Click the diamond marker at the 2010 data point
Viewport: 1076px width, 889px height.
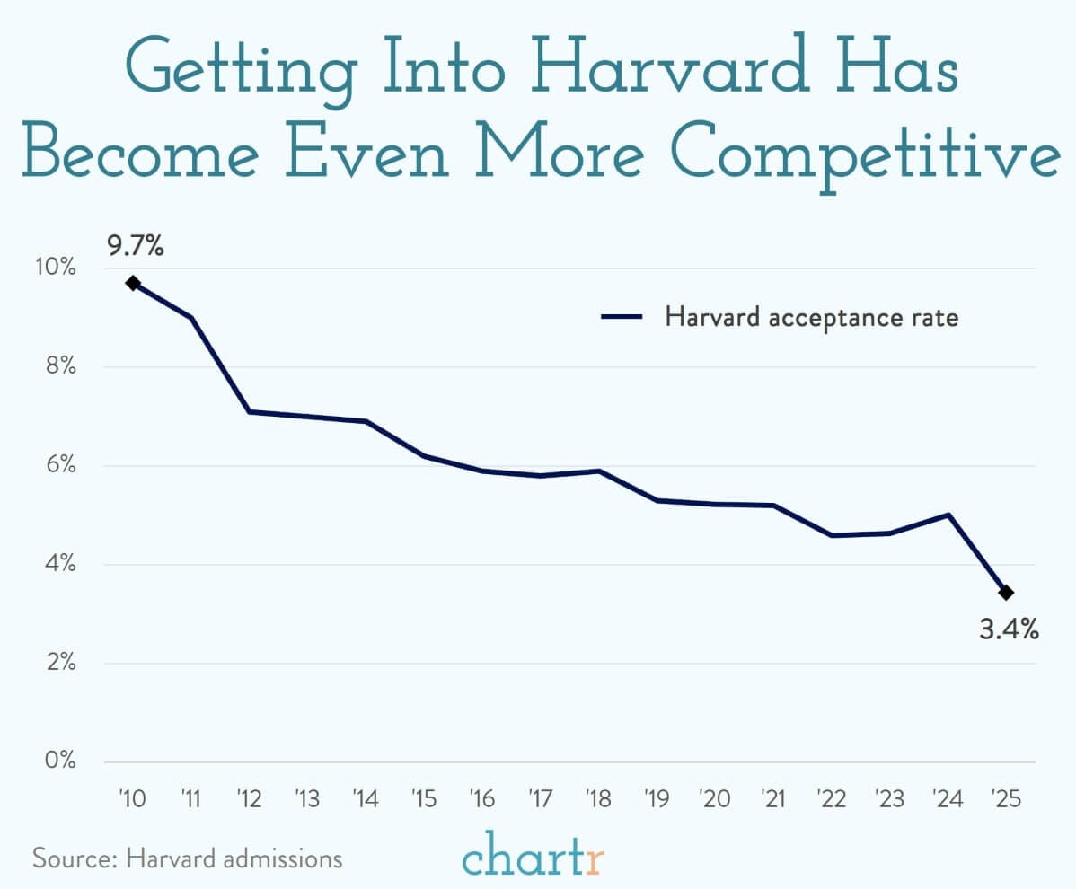(x=133, y=283)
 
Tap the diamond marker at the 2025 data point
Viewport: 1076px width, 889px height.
(x=1006, y=593)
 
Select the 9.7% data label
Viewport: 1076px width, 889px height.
(x=136, y=246)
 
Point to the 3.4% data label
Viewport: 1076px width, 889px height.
(x=1009, y=630)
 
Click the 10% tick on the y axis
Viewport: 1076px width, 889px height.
(x=57, y=268)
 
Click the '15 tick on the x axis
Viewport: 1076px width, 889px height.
(x=424, y=798)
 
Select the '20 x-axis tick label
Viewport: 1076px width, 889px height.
(x=715, y=798)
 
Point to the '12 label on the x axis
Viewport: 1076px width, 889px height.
(x=249, y=798)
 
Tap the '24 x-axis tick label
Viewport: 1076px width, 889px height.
(x=948, y=798)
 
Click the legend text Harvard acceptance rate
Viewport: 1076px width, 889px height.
(x=812, y=317)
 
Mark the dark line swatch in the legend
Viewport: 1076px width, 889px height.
(x=622, y=317)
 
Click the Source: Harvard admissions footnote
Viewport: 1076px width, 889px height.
(x=188, y=858)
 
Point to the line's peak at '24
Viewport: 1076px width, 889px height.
(x=948, y=515)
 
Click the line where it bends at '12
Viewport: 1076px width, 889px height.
(x=249, y=411)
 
